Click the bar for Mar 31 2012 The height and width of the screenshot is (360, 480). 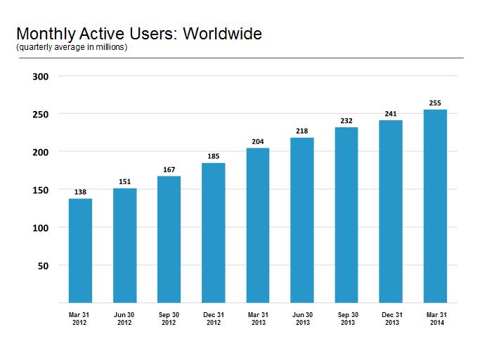pos(80,250)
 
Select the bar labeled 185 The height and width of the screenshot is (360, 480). pos(214,233)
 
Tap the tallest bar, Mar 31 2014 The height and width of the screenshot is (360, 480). pos(435,206)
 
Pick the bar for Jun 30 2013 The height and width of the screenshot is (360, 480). pos(301,220)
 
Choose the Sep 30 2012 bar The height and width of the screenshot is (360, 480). pos(169,240)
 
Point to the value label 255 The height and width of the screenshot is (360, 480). pos(435,103)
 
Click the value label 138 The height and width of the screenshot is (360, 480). pos(80,192)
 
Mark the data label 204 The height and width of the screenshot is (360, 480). pos(258,141)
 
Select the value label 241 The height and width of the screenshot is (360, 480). pos(391,114)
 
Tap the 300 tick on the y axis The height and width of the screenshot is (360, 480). pos(40,77)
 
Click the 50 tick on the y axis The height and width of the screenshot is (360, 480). pos(43,266)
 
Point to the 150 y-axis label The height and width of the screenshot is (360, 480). pos(40,190)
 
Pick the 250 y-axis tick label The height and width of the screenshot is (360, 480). pos(40,115)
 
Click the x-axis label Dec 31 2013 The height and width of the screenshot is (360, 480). pos(392,319)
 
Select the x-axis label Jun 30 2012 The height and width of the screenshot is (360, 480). pos(124,319)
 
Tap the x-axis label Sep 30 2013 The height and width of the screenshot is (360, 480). pos(348,319)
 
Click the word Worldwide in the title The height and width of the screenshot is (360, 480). pos(223,33)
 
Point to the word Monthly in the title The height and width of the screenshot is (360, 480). pos(46,34)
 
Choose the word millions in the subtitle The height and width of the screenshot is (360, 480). pos(110,47)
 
